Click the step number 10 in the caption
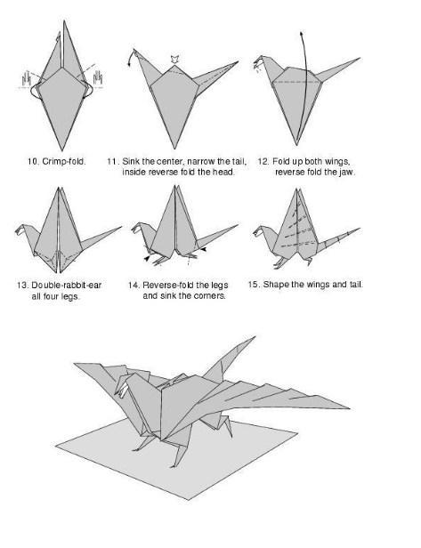pos(33,162)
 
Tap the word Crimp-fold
pos(64,162)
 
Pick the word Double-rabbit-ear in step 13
pos(67,286)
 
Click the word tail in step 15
pos(356,284)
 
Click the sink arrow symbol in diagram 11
pos(174,59)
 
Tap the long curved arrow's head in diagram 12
pos(301,35)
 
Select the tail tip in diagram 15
pos(360,229)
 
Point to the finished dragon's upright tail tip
pos(255,337)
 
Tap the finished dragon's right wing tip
pos(349,407)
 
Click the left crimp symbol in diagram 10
pos(25,78)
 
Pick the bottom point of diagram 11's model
pos(174,149)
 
